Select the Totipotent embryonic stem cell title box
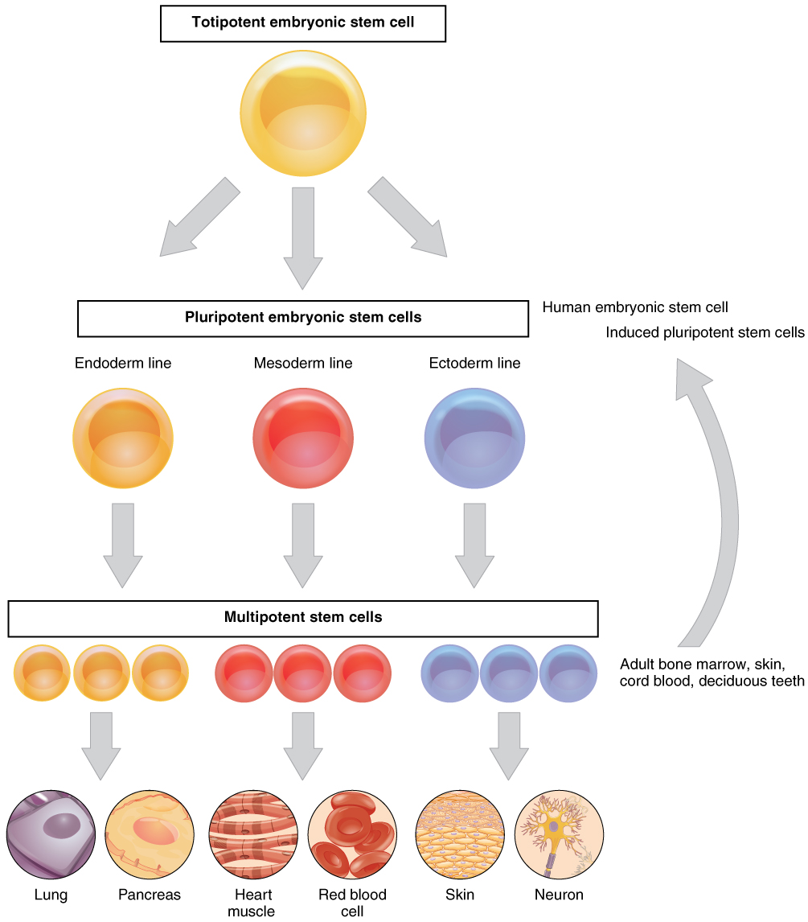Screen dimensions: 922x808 coord(303,23)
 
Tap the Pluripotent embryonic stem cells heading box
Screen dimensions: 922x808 coord(303,318)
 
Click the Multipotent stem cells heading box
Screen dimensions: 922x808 coord(303,618)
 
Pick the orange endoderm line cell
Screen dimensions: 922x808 coord(123,438)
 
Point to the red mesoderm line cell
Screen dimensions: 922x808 coord(303,438)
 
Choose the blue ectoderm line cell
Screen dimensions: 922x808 coord(474,438)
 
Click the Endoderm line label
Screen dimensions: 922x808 coord(123,364)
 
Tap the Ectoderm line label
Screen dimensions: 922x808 coord(474,364)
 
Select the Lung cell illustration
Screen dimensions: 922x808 coord(51,837)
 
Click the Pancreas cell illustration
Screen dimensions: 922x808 coord(150,837)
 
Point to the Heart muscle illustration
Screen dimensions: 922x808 coord(252,837)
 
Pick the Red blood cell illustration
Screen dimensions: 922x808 coord(352,837)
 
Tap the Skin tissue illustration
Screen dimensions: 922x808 coord(460,837)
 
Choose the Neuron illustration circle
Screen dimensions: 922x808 coord(559,837)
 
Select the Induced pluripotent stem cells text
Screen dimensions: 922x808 coord(705,332)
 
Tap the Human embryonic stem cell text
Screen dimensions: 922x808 coord(635,307)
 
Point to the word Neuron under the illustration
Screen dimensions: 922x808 coord(559,895)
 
